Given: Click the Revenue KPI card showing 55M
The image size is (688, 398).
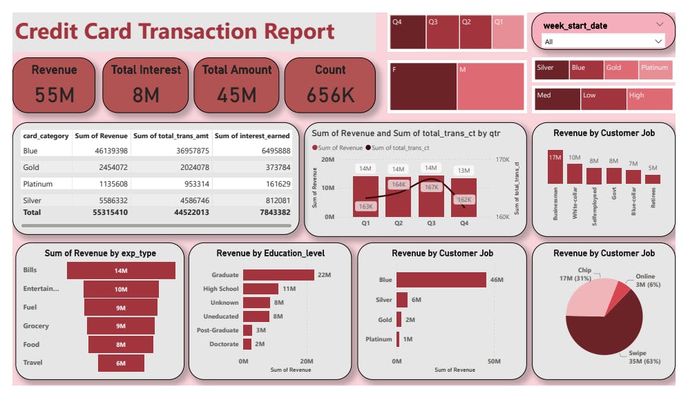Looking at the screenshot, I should pos(55,85).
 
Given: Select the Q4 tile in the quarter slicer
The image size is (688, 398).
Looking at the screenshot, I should pos(407,32).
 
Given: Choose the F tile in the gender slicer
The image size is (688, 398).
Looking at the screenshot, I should pos(422,86).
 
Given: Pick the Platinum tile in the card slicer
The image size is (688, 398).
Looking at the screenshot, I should pos(654,70).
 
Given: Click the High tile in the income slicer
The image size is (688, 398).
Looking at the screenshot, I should pos(649,99).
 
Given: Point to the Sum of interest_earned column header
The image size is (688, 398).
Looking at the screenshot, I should pos(253,136).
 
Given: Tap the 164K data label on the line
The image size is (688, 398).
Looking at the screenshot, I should pos(399,184).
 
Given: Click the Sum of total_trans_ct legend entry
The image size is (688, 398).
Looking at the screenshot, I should pos(401,148).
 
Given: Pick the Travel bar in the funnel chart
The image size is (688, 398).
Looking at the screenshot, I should pos(121,363).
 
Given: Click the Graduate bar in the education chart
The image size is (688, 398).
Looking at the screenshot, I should pos(278,274).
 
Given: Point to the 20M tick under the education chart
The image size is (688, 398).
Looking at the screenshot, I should pos(307,361).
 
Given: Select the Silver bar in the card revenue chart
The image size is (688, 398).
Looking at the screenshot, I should pos(403,299).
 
